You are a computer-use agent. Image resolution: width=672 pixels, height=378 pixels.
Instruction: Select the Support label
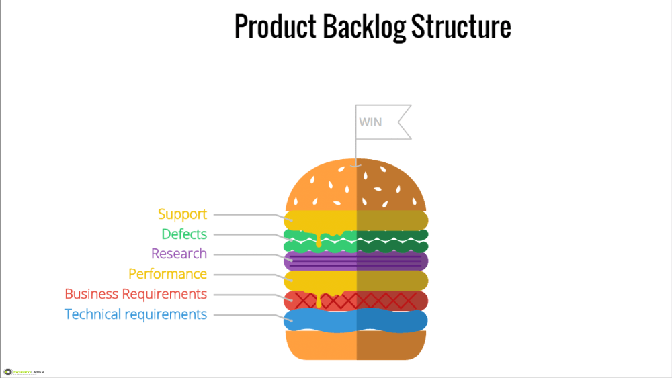click(182, 214)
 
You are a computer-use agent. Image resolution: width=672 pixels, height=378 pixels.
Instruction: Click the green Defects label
click(183, 234)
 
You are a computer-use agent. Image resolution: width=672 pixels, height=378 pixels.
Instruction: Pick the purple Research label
click(179, 254)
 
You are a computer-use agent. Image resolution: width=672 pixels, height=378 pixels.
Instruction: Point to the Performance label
click(167, 274)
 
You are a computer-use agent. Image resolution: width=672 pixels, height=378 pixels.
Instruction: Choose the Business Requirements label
click(136, 294)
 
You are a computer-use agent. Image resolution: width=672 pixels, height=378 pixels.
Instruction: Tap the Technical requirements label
click(136, 314)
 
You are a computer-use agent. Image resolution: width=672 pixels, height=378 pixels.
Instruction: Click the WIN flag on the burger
click(380, 122)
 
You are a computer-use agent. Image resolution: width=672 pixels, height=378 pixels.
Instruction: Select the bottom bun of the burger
click(356, 345)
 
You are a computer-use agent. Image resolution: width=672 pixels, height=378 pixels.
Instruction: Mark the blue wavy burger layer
click(356, 320)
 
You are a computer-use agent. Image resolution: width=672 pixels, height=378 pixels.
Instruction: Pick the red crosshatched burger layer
click(390, 300)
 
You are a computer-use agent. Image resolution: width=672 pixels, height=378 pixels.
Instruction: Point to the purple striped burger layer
click(356, 261)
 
